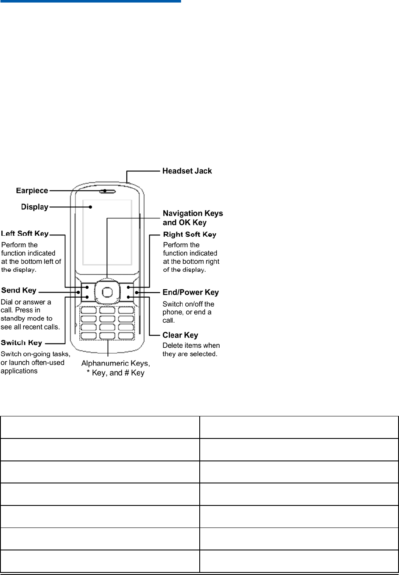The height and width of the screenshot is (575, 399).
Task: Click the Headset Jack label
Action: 187,171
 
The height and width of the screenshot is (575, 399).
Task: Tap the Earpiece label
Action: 32,191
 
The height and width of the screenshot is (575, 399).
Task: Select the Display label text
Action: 35,207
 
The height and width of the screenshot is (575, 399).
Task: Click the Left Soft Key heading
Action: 25,234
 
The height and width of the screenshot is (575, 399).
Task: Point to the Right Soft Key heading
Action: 190,234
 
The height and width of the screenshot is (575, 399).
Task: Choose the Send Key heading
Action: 19,290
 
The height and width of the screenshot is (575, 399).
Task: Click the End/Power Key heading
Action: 190,292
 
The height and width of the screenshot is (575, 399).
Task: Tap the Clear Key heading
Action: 180,335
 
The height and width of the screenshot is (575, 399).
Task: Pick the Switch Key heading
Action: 22,343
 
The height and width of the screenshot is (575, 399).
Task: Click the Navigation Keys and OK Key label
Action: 193,218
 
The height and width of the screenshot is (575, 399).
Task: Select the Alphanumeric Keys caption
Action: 115,364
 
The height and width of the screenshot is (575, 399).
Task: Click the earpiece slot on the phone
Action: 108,191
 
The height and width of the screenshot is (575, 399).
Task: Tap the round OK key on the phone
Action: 108,292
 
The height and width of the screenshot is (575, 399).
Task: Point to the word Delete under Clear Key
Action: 173,346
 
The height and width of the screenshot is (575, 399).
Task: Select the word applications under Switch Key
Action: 19,371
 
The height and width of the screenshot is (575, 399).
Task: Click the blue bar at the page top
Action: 90,1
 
